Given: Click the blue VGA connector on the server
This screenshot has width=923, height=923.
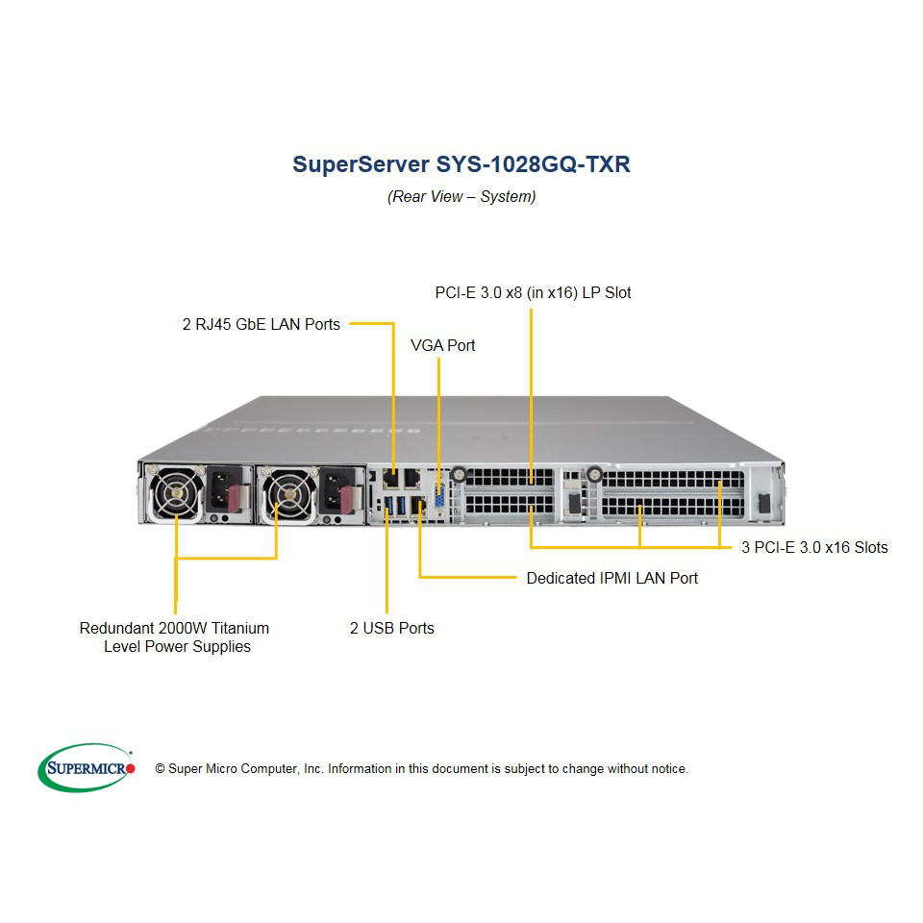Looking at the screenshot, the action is (439, 496).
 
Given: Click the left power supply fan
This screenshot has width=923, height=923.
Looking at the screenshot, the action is (176, 493).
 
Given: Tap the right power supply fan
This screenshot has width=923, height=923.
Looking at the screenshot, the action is (289, 494).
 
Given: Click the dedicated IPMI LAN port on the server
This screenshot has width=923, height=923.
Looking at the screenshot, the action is (418, 506).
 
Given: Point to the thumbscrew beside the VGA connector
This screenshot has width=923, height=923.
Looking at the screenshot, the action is (459, 474).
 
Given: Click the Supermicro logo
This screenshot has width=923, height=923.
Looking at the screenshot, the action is (87, 767).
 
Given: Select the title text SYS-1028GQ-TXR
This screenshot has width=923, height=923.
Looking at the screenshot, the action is (534, 164).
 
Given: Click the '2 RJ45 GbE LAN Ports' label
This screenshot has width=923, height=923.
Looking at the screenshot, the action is (262, 324).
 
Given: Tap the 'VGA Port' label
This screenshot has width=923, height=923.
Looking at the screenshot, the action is (442, 345).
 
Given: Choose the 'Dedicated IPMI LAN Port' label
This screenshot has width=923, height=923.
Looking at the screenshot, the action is (612, 578).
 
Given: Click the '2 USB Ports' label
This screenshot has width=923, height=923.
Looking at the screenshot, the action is (392, 628).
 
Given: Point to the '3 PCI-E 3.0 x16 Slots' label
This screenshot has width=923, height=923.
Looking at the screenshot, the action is (814, 547).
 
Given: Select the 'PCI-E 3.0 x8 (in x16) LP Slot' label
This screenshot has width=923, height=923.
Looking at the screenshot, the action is (533, 292).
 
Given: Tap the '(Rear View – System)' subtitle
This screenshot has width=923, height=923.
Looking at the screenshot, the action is (461, 196).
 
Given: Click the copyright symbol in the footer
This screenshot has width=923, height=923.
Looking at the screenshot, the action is (160, 769).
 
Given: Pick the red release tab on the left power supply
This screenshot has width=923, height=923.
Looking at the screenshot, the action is (235, 497).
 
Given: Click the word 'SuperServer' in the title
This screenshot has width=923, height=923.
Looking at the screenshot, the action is (361, 164).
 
